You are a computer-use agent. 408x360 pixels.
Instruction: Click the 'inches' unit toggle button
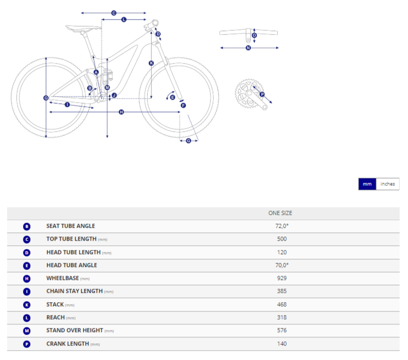click(387, 184)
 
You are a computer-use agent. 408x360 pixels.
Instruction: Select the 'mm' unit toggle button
click(367, 184)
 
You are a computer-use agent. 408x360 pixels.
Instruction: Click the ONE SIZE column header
click(280, 213)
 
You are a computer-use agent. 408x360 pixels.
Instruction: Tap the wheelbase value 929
click(282, 278)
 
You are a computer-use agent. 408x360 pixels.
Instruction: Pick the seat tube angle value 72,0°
click(282, 226)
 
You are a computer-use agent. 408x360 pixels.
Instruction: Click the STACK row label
click(55, 304)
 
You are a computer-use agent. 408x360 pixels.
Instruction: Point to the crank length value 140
click(282, 343)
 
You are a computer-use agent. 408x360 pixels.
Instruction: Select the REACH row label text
click(55, 317)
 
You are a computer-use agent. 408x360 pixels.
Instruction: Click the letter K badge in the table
click(27, 305)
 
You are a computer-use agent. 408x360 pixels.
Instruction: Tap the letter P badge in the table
click(27, 344)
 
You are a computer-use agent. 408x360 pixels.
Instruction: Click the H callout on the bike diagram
click(121, 112)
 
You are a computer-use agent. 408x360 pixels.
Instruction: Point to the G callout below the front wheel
click(189, 141)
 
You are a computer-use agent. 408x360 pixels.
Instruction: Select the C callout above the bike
click(114, 13)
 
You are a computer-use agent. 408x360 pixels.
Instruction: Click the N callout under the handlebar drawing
click(248, 48)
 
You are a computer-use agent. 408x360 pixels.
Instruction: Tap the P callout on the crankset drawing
click(262, 94)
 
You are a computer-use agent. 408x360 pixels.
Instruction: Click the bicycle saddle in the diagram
click(83, 27)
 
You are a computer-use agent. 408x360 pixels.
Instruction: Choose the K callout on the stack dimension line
click(151, 63)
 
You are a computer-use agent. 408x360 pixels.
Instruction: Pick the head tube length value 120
click(282, 252)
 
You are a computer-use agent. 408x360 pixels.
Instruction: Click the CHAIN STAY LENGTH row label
click(74, 291)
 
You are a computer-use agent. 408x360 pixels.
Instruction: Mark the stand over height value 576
click(282, 331)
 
